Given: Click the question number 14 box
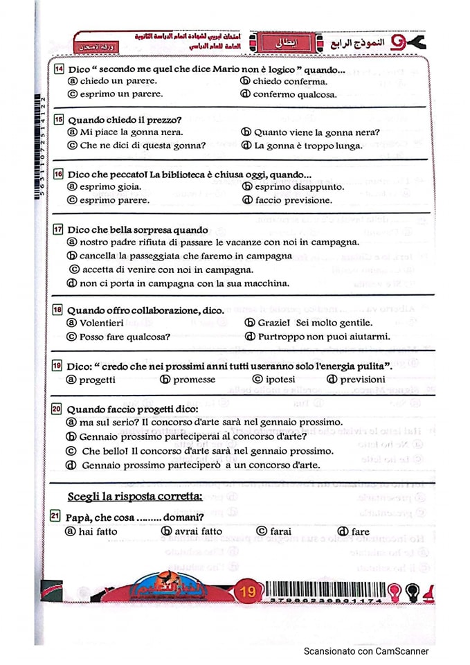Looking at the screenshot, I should point(60,69).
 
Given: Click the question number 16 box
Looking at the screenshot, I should point(60,174).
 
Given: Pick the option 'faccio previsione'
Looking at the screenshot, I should point(293,200).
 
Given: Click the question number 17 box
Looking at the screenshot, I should point(60,229).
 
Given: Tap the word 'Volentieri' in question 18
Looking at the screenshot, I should point(102,322).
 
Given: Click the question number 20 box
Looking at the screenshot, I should point(60,409).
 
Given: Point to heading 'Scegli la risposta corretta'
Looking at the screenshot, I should point(135,496).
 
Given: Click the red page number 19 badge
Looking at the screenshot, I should point(246,592).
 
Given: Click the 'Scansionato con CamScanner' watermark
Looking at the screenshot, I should point(366,650).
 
